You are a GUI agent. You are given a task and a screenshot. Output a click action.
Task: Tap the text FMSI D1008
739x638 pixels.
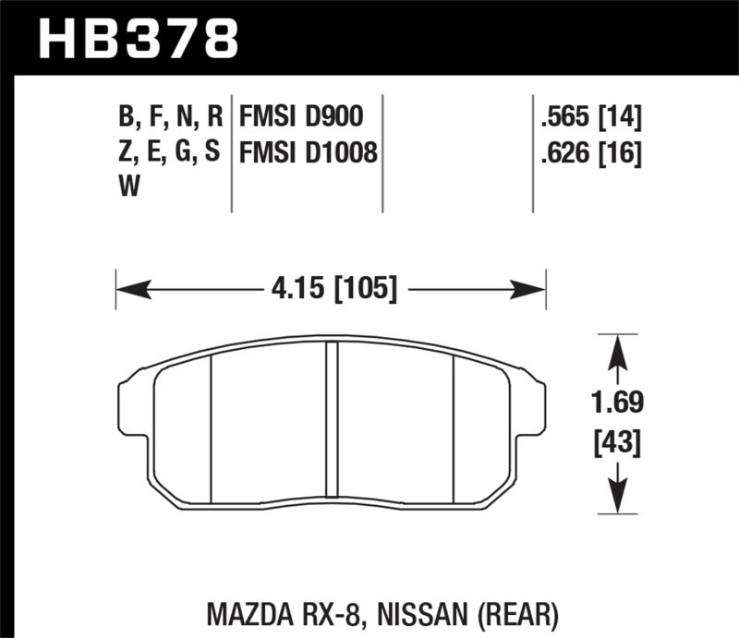click(x=309, y=152)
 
